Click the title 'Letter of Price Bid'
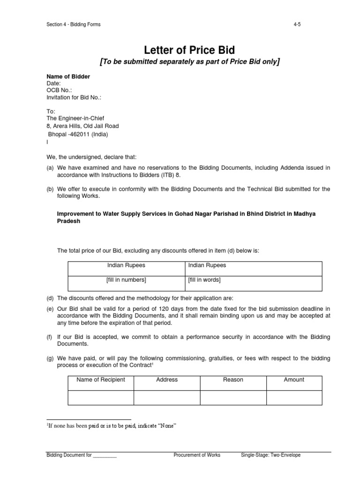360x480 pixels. pos(180,49)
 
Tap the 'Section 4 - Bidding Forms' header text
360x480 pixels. pos(74,24)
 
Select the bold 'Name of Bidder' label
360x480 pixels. pos(68,76)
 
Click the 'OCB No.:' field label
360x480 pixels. pos(59,90)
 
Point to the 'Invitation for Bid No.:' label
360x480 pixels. pos(74,97)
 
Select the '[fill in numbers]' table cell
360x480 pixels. pos(126,280)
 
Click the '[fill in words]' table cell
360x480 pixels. pos(204,280)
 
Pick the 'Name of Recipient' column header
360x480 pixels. pos(101,380)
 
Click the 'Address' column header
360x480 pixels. pos(167,380)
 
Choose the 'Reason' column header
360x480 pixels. pos(233,380)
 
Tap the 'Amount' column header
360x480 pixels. pos(294,380)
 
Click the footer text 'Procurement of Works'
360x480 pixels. pos(197,455)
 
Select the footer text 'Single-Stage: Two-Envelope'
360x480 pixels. pos(270,455)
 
